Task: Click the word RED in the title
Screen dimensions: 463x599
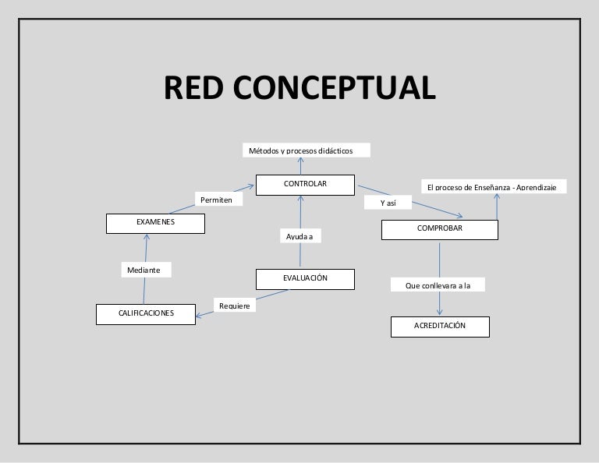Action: pyautogui.click(x=194, y=88)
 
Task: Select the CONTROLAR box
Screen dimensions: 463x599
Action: pyautogui.click(x=305, y=185)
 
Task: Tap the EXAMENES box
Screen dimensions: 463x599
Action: pyautogui.click(x=155, y=223)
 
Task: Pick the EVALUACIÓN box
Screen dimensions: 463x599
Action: pyautogui.click(x=305, y=278)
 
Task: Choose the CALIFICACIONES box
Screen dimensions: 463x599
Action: pyautogui.click(x=146, y=313)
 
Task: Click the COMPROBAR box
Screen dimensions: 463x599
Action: pyautogui.click(x=440, y=230)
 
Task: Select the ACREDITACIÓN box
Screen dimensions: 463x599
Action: pyautogui.click(x=440, y=325)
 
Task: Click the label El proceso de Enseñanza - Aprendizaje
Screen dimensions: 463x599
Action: pyautogui.click(x=494, y=187)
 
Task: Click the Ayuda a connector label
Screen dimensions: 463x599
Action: pyautogui.click(x=299, y=235)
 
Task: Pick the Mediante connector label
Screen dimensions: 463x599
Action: pyautogui.click(x=144, y=270)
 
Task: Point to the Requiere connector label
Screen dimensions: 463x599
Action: pyautogui.click(x=234, y=306)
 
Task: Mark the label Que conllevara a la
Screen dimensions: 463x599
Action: pyautogui.click(x=438, y=285)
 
